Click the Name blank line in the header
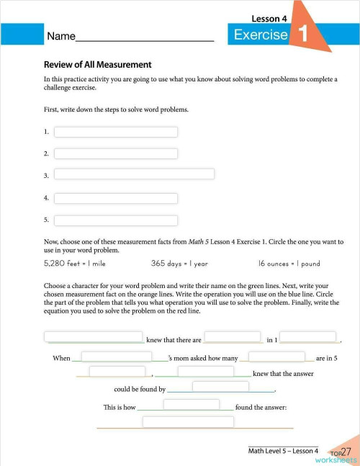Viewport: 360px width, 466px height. click(144, 37)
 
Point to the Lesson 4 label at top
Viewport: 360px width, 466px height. click(269, 18)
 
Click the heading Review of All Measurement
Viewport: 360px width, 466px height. click(97, 64)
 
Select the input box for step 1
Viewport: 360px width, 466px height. click(116, 132)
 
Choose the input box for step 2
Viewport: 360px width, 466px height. click(116, 153)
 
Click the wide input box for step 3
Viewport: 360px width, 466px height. click(135, 174)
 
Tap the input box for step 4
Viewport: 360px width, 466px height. click(116, 198)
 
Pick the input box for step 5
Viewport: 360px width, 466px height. click(116, 220)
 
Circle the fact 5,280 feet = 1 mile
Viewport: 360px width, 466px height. click(75, 264)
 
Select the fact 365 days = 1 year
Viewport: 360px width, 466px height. click(179, 264)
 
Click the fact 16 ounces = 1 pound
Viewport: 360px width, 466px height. click(289, 264)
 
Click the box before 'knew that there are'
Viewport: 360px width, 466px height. click(94, 336)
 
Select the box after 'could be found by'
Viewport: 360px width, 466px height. click(220, 387)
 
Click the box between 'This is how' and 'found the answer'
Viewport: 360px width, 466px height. click(192, 405)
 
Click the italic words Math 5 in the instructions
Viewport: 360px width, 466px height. click(198, 242)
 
